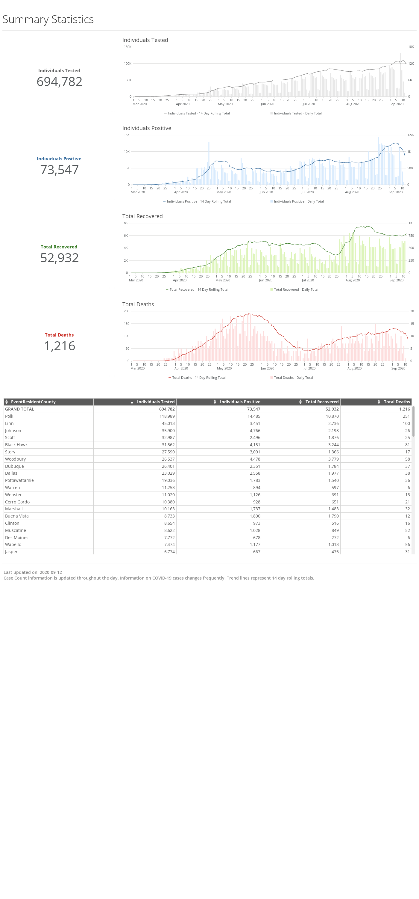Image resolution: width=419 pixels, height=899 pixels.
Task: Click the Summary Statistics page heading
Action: [48, 19]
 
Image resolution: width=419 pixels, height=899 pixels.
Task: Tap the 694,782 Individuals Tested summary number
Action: [59, 82]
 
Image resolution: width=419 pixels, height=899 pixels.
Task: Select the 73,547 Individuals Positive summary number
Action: [59, 170]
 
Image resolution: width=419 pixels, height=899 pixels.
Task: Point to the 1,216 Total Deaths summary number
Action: [59, 346]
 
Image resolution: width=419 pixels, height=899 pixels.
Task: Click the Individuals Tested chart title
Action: [145, 40]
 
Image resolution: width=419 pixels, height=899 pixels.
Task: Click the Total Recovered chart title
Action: [142, 216]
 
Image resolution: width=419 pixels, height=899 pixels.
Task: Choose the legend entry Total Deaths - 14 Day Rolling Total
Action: [197, 378]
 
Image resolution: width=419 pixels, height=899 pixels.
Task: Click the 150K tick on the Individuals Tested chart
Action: [127, 47]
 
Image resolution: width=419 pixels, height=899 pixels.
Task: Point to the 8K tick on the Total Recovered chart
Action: [126, 223]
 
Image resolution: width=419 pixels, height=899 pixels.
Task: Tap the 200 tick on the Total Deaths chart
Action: [127, 311]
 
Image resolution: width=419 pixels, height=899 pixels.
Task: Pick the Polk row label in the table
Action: [9, 416]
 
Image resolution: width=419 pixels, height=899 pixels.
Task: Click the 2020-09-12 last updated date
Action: [51, 572]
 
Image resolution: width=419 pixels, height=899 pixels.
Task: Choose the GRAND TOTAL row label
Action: [19, 409]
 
